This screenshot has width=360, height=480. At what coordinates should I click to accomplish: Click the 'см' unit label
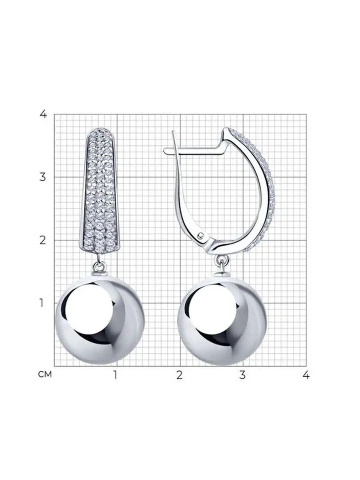45,374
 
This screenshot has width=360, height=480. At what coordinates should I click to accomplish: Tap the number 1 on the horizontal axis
115,375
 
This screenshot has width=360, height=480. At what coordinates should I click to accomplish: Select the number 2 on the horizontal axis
179,375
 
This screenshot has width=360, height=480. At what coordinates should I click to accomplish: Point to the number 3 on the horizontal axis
242,375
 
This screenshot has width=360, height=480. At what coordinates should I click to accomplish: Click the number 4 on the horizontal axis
306,375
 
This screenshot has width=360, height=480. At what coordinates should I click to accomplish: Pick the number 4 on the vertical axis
43,114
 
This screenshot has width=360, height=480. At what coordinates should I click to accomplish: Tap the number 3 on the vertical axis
43,177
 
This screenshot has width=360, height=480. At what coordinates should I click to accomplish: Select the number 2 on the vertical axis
43,240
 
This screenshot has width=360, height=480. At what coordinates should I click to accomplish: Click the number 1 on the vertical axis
42,303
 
